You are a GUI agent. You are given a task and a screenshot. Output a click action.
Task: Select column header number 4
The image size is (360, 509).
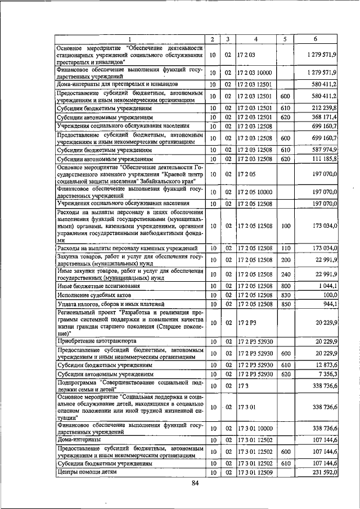(255, 39)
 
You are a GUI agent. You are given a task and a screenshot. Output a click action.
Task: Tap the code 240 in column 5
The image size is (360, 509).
(285, 274)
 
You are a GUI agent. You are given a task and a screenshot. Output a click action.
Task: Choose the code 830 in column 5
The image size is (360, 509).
(285, 295)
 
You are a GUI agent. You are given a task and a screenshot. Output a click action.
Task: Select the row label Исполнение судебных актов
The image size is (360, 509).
(94, 295)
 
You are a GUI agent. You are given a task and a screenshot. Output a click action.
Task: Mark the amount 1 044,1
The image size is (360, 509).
(326, 286)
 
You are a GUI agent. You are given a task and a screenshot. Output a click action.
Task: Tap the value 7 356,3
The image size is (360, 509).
(325, 374)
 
